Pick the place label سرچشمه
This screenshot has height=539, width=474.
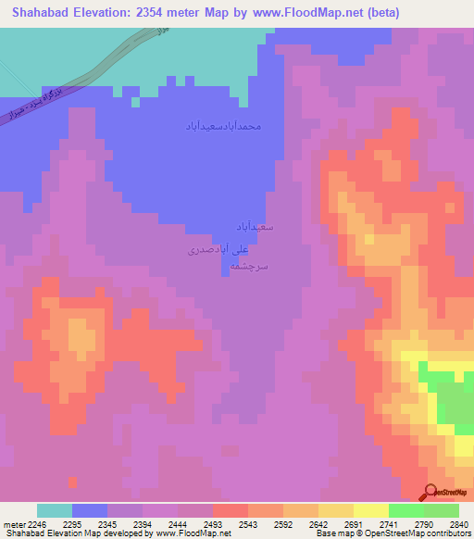point(249,266)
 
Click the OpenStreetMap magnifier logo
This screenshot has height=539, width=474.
point(429,493)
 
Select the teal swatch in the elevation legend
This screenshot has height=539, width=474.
point(55,510)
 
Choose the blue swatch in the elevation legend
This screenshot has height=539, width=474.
point(90,510)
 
